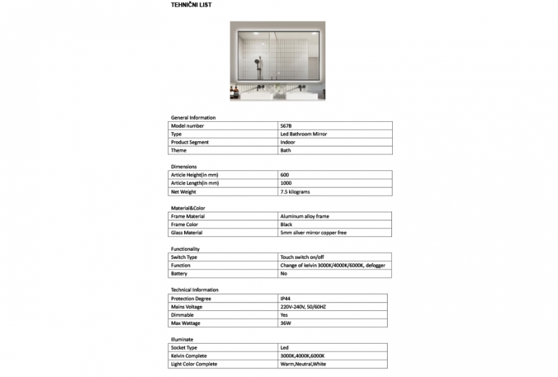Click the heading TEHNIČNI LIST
pos(191,4)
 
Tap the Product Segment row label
pos(190,142)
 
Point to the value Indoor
pos(288,142)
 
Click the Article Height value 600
pos(284,175)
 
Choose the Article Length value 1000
pos(286,183)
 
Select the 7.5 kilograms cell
pos(295,192)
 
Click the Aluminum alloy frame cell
pos(304,216)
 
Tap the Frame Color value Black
pos(286,225)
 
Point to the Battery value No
pos(283,273)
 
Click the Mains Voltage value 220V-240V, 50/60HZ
pos(303,307)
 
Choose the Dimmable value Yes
pos(284,315)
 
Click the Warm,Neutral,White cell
pos(304,364)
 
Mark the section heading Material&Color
pos(188,208)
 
